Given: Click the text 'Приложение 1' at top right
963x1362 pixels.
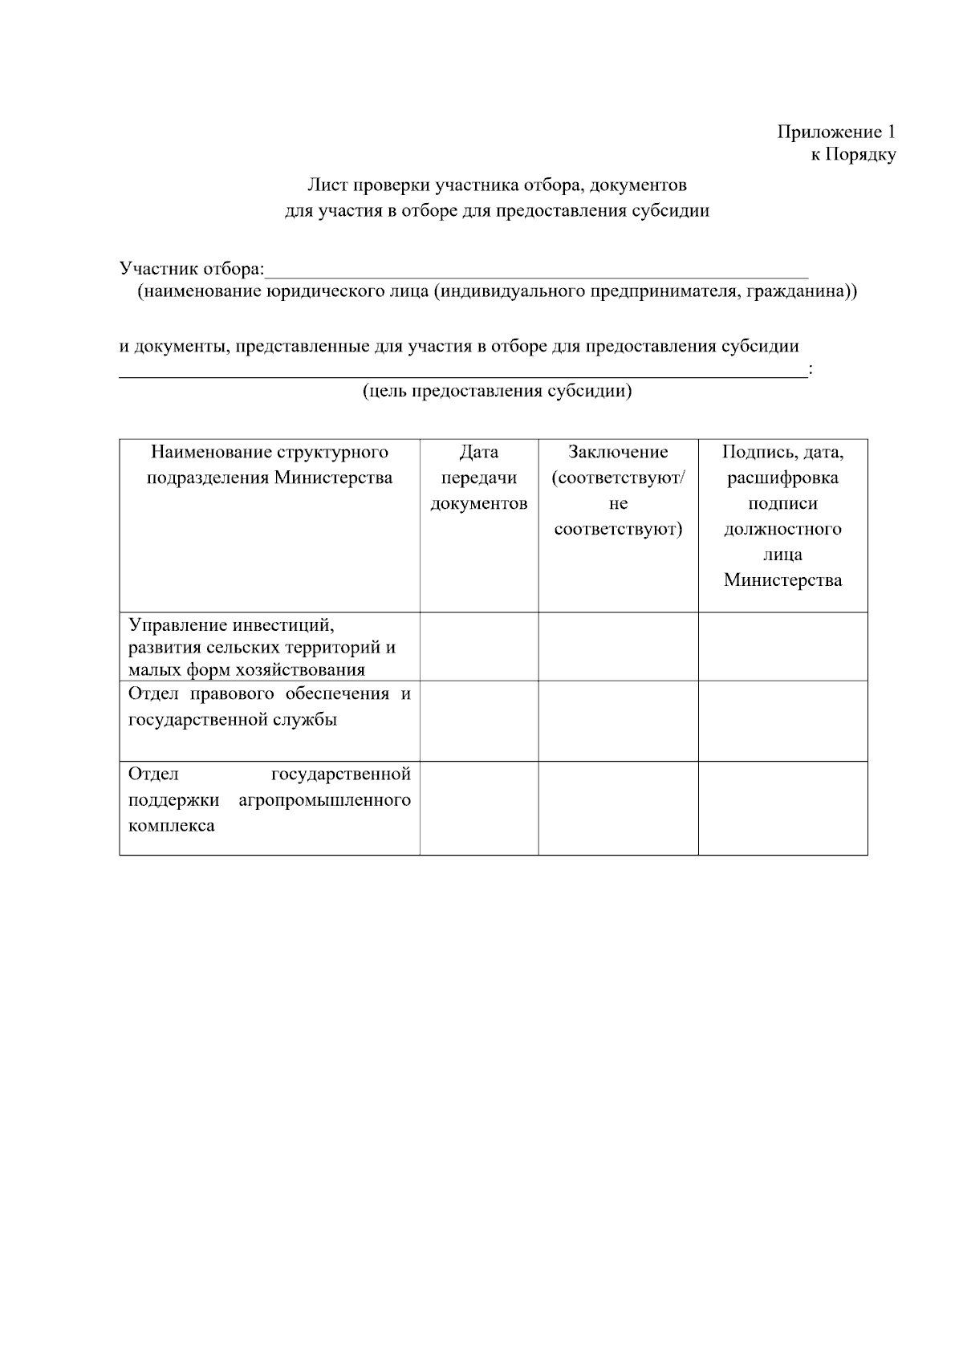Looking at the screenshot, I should tap(835, 132).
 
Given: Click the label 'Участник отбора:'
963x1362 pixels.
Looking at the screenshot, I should tap(191, 268).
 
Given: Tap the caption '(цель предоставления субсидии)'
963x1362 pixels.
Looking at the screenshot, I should tap(497, 392).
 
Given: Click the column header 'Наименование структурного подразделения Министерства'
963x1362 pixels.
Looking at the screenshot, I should tap(270, 466).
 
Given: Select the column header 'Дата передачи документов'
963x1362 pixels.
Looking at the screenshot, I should tap(479, 478).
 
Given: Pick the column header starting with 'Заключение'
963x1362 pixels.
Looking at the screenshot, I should tap(618, 490).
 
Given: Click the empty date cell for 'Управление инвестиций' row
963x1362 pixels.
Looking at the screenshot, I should tap(479, 647).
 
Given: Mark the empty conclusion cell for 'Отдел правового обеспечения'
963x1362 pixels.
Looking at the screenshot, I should tap(618, 721).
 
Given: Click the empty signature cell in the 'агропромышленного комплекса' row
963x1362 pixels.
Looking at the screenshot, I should tap(782, 808).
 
